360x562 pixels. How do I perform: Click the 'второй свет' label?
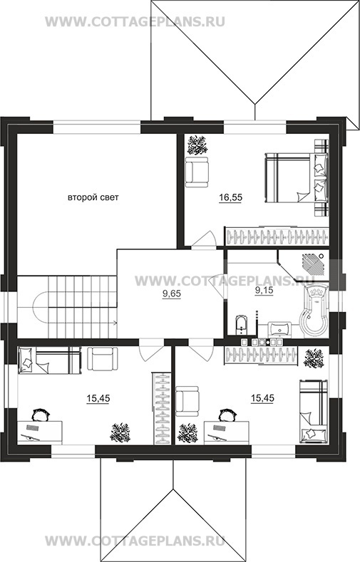(93, 197)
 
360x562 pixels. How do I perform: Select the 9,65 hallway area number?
(172, 294)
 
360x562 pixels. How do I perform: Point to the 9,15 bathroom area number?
(264, 291)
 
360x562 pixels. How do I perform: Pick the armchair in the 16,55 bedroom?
(197, 172)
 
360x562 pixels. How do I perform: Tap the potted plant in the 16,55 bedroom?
(197, 145)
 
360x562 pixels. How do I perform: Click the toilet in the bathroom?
(242, 325)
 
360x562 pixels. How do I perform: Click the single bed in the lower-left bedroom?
(49, 361)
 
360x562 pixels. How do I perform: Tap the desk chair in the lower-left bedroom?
(41, 415)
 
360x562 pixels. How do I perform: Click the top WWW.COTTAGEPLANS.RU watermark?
(135, 21)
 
